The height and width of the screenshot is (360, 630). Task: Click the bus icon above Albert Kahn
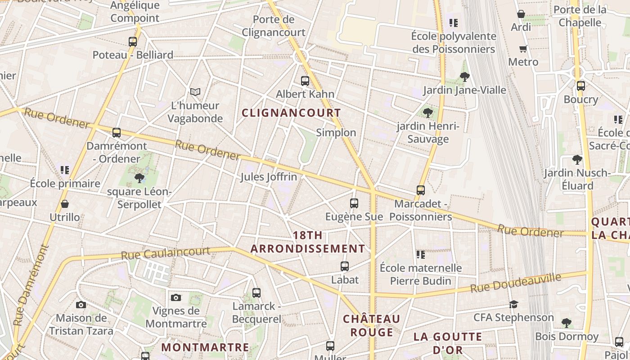coord(305,81)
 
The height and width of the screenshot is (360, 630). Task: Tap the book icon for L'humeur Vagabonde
coord(195,92)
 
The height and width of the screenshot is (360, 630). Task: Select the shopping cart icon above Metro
coord(523,49)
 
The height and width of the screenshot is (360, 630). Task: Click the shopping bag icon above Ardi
coord(521,14)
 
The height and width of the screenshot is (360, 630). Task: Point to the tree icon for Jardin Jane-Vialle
coord(465,77)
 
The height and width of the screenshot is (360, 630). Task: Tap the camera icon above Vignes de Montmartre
coord(176,297)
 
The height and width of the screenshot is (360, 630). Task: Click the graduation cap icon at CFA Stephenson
coord(513,305)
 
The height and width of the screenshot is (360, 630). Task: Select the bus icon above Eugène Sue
coord(354,203)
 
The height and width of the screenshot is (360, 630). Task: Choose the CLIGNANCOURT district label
coord(291,113)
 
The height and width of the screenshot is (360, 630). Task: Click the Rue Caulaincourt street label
coord(165,253)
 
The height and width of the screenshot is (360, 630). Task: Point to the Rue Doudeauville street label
coord(516,283)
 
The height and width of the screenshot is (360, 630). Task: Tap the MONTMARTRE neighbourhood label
coord(205,347)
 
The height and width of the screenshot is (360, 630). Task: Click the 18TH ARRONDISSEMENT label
coord(308,242)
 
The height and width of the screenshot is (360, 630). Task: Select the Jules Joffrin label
coord(269,177)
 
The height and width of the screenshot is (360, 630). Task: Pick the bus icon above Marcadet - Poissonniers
coord(421,190)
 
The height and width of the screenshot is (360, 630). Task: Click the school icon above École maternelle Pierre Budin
coord(421,255)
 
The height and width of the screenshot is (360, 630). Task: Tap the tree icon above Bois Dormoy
coord(567,323)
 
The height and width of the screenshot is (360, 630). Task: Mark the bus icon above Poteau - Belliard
coord(133,42)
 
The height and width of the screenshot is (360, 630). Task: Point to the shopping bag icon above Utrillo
coord(65,204)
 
